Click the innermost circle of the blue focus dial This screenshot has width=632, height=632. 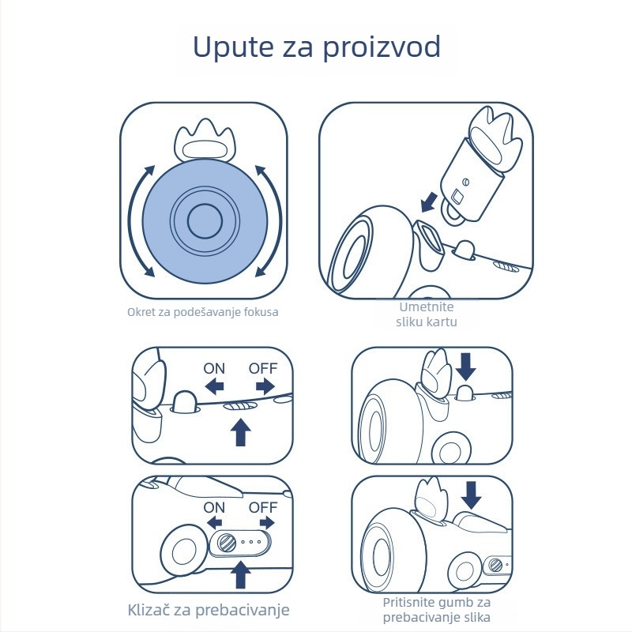tap(203, 220)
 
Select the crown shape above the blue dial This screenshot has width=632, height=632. tap(203, 142)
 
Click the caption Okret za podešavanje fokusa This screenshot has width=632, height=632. tap(203, 312)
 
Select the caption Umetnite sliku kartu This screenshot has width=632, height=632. tap(427, 314)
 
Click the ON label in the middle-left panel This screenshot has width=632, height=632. tap(214, 368)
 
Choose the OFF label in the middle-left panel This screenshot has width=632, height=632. tap(263, 368)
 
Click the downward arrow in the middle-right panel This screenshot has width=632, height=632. tap(467, 365)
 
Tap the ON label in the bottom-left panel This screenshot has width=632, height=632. tap(214, 507)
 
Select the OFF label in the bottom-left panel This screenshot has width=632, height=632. tap(263, 507)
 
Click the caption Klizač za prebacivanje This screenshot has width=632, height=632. tap(209, 610)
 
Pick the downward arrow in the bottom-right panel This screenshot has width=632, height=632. tap(472, 495)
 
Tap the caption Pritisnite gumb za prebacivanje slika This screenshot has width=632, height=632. tap(436, 609)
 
